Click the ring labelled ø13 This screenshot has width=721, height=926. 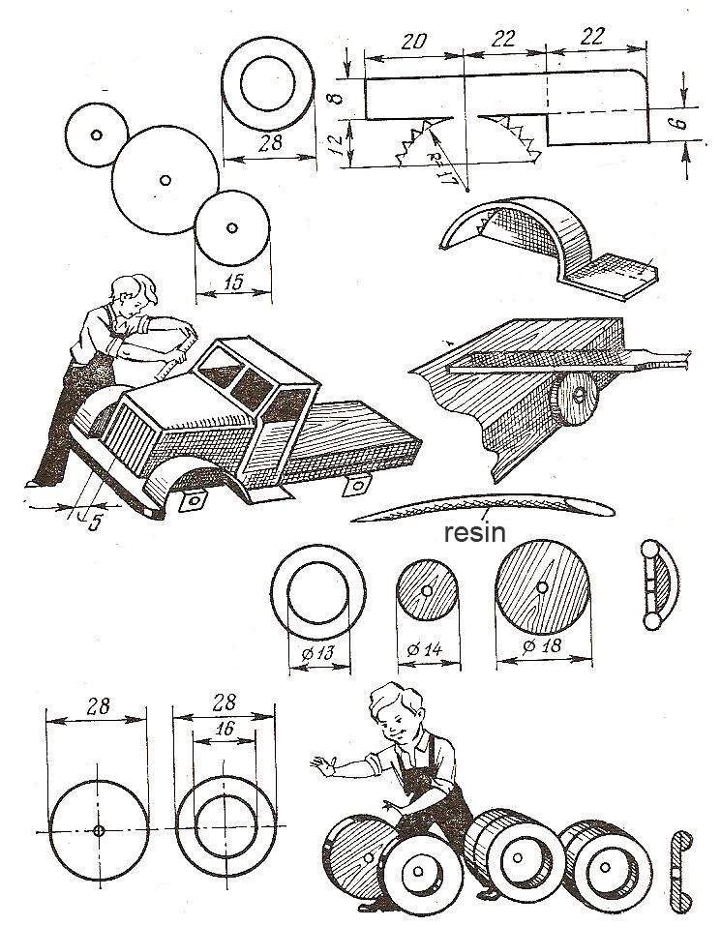(318, 592)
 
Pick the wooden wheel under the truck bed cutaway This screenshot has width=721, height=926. (578, 404)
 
